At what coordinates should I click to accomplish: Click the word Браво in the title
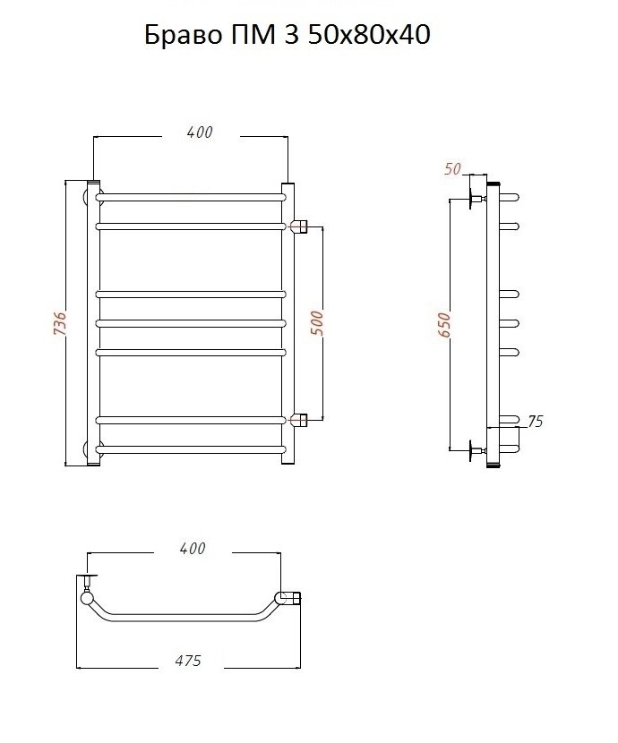click(183, 35)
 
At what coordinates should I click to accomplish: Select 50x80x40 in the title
click(369, 35)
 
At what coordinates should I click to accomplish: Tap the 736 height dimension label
click(60, 323)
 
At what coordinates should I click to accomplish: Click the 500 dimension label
click(318, 323)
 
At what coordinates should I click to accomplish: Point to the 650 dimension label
click(444, 325)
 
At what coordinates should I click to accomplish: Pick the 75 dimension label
click(535, 422)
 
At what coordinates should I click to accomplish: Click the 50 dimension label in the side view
click(452, 168)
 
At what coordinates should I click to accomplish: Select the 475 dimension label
click(188, 660)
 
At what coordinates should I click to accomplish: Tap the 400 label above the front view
click(200, 132)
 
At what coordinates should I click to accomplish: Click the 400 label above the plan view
click(193, 548)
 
